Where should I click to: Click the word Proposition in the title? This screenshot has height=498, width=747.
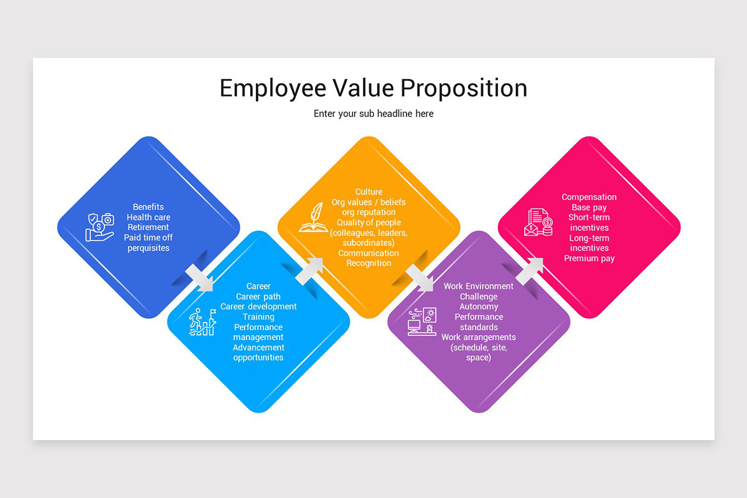tap(463, 88)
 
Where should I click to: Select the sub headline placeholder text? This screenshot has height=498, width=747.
tap(374, 114)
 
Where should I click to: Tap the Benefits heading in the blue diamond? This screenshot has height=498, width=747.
tap(148, 207)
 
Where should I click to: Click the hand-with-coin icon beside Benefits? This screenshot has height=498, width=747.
tap(100, 227)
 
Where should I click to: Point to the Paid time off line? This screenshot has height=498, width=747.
tap(148, 238)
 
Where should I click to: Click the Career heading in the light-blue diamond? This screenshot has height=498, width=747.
tap(258, 287)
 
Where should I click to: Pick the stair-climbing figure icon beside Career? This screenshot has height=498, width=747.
tap(203, 322)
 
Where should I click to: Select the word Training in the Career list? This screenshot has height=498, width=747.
tap(258, 317)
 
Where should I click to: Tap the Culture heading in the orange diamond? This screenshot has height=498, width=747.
tap(369, 192)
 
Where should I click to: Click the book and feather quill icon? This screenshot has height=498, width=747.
tap(313, 217)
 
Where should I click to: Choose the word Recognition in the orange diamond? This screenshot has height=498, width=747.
tap(369, 263)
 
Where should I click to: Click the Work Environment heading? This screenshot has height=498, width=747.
tap(479, 287)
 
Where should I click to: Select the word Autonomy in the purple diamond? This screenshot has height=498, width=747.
tap(479, 307)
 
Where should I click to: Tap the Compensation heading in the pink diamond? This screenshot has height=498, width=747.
tap(589, 197)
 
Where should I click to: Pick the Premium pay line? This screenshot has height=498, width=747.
tap(589, 258)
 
